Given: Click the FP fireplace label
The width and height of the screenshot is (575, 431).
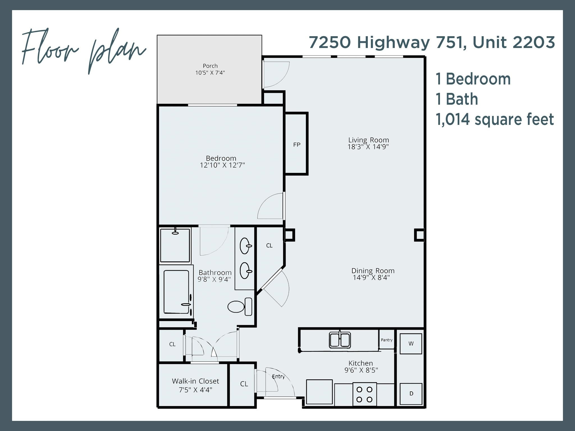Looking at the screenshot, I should (x=296, y=145).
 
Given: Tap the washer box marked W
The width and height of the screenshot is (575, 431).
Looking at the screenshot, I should (x=411, y=344).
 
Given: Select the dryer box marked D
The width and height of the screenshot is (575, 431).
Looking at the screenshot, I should (x=411, y=394).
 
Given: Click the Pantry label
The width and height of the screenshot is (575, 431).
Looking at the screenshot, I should (x=387, y=340).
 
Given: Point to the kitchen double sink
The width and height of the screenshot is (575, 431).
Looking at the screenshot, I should (x=340, y=340).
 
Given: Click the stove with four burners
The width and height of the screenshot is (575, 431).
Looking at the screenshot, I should (x=364, y=394).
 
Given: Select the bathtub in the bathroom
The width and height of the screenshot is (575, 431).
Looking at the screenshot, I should (x=176, y=292).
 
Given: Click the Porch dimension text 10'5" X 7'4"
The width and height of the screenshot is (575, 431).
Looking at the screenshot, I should (x=210, y=73).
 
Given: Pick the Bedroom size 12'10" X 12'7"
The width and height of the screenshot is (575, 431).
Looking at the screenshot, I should (x=222, y=165).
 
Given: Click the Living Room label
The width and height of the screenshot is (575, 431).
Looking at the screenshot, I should (x=368, y=140).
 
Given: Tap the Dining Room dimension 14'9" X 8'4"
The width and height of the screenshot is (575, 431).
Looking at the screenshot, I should (x=371, y=278).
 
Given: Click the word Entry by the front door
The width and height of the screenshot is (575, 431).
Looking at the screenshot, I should (x=279, y=377).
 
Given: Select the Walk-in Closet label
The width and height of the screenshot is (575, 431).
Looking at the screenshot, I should (x=195, y=381).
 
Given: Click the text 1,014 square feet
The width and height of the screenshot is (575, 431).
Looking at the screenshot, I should (x=494, y=119).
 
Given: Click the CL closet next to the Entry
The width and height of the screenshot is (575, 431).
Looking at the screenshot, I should (x=244, y=384).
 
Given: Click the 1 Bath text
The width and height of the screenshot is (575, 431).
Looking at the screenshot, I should (x=457, y=99).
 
